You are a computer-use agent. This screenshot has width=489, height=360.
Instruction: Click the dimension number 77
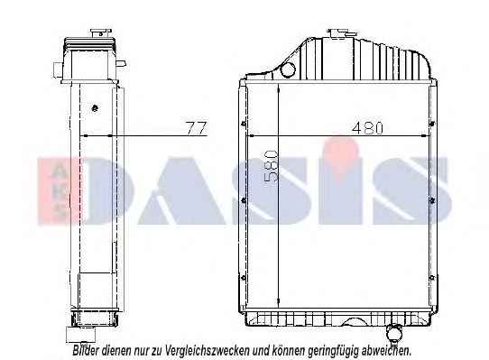[197, 128]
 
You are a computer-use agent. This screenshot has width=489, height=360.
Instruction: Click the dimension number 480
[367, 128]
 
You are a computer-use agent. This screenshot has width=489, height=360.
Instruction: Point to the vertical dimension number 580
[271, 166]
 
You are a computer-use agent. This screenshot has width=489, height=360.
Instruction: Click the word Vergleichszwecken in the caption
[208, 350]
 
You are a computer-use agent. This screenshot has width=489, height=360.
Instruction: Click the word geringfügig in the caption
[333, 351]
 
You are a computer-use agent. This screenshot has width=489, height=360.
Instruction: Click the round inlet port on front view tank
[288, 69]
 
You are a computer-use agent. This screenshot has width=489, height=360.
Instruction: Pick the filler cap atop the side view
[101, 33]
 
